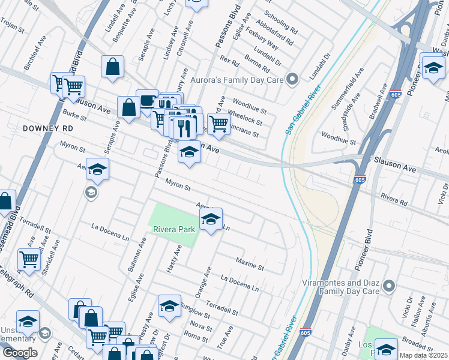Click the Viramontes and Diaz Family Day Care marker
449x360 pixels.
tap(388, 286)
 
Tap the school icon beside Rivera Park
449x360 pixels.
tap(211, 220)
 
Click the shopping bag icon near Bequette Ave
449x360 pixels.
tap(112, 67)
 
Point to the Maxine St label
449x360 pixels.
tap(250, 263)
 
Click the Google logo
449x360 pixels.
tap(20, 353)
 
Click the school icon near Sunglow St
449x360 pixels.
tap(169, 307)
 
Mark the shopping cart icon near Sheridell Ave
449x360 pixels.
tap(28, 260)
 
